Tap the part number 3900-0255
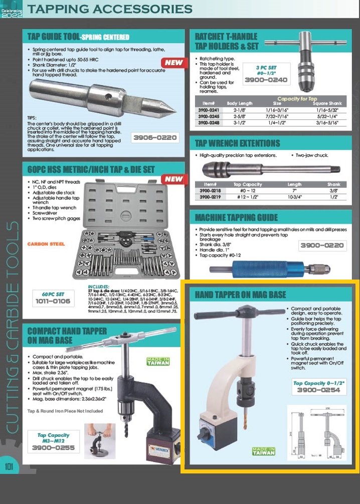tap(53, 447)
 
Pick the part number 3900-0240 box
tap(266, 80)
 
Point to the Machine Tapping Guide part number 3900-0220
tap(322, 245)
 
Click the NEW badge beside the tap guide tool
tap(173, 63)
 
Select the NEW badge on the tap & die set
tap(174, 179)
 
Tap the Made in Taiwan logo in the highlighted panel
tap(263, 451)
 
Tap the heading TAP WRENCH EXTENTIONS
tap(237, 144)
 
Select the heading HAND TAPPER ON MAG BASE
tap(240, 294)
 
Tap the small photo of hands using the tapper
tap(99, 440)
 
